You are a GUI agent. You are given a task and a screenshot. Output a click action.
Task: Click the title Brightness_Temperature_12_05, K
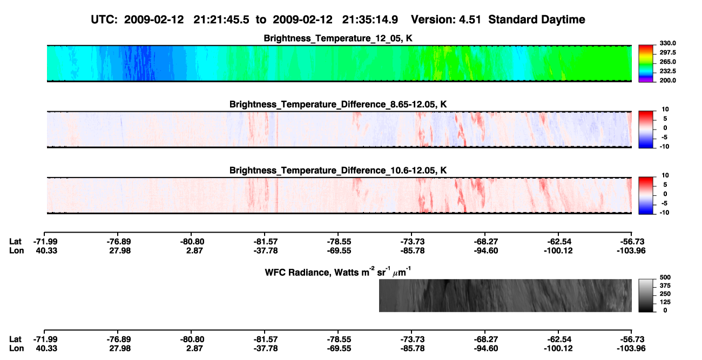[338, 38]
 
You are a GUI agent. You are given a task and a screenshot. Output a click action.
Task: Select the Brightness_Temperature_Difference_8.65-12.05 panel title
[338, 104]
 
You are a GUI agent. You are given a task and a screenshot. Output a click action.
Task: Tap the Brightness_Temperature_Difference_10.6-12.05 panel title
[338, 171]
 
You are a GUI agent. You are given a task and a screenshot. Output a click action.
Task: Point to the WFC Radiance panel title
[338, 272]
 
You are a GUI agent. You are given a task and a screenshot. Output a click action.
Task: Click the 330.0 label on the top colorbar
[667, 43]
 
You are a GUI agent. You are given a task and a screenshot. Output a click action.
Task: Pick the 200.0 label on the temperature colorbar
[667, 80]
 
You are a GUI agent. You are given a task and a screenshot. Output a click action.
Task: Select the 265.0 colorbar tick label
[667, 62]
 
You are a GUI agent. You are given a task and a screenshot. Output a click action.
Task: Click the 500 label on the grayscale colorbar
[665, 277]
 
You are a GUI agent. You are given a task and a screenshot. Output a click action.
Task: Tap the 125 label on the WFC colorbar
[665, 302]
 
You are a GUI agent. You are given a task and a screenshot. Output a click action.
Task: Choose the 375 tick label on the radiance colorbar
[665, 286]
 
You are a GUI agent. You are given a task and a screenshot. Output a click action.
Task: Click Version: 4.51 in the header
[446, 19]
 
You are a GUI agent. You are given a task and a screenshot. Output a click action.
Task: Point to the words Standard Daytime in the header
[537, 19]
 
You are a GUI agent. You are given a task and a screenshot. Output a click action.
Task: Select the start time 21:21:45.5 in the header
[221, 19]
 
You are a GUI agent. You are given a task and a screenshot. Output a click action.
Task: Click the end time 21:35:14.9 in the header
[370, 19]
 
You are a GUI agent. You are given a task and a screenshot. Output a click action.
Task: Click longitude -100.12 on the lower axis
[558, 349]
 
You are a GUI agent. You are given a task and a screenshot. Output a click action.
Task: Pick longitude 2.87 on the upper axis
[194, 250]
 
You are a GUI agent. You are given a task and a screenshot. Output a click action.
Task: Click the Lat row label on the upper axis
[15, 242]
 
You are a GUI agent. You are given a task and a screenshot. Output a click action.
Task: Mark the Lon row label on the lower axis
[16, 349]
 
